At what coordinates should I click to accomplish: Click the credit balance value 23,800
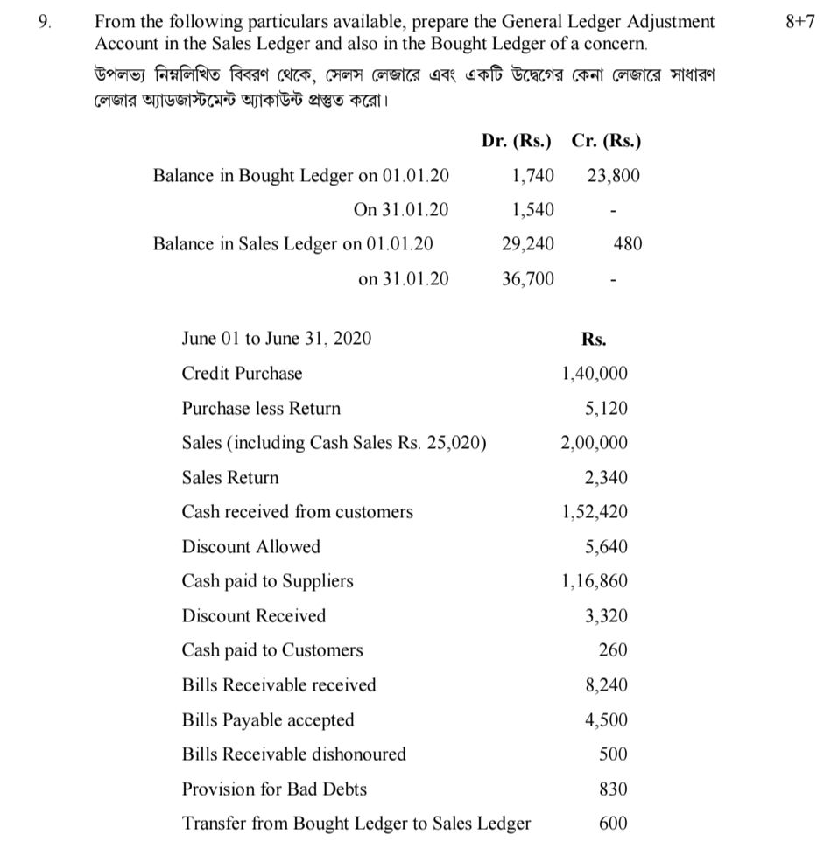pos(613,175)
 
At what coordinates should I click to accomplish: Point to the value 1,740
pos(532,175)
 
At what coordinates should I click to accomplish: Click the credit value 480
pos(628,243)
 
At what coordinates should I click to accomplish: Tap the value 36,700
pos(527,278)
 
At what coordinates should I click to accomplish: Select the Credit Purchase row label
pos(242,374)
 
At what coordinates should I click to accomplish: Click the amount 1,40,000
pos(595,374)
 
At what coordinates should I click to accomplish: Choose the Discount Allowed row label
pos(250,547)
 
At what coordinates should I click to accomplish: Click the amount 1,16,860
pos(595,581)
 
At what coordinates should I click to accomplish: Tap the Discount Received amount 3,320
pos(606,616)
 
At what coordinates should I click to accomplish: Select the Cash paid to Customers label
pos(271,650)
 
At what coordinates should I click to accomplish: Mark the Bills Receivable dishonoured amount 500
pos(613,754)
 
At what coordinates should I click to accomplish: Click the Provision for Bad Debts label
pos(274,789)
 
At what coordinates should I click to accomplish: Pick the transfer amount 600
pos(613,824)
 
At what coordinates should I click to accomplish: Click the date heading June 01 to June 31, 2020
pos(276,338)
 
